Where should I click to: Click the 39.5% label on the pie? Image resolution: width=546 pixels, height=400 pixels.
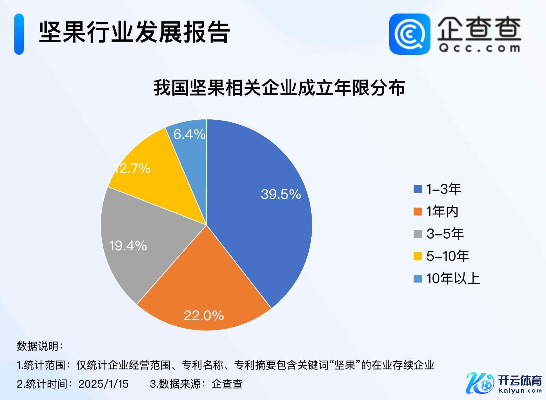tap(281, 194)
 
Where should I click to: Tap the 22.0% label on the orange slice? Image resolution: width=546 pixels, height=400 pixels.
tap(204, 315)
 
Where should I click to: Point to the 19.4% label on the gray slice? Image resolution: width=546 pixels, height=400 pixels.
tap(128, 246)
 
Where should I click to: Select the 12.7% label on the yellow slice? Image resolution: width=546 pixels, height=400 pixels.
tap(132, 169)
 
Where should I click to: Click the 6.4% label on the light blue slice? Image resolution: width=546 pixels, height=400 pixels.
tap(189, 134)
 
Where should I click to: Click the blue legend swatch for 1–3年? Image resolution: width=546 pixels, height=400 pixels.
tap(418, 189)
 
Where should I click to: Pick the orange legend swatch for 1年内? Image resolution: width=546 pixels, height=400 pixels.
tap(418, 212)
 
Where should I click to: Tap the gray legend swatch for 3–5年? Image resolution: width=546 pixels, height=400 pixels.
tap(418, 234)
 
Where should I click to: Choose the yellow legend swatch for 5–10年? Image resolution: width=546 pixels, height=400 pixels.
tap(418, 256)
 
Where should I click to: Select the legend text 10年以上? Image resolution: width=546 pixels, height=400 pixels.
tap(453, 279)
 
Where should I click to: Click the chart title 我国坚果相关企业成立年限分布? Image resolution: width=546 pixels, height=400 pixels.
tap(279, 88)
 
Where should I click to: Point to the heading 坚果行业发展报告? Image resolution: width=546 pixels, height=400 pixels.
tap(134, 32)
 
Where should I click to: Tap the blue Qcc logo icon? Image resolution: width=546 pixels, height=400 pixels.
tap(410, 34)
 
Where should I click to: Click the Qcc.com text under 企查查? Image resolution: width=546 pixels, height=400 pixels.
tap(479, 48)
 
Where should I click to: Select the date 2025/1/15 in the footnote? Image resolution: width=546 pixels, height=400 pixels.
tap(103, 384)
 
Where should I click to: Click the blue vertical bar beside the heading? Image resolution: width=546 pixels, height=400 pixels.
tap(19, 34)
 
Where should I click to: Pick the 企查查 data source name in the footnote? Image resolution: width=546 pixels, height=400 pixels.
tap(227, 384)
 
